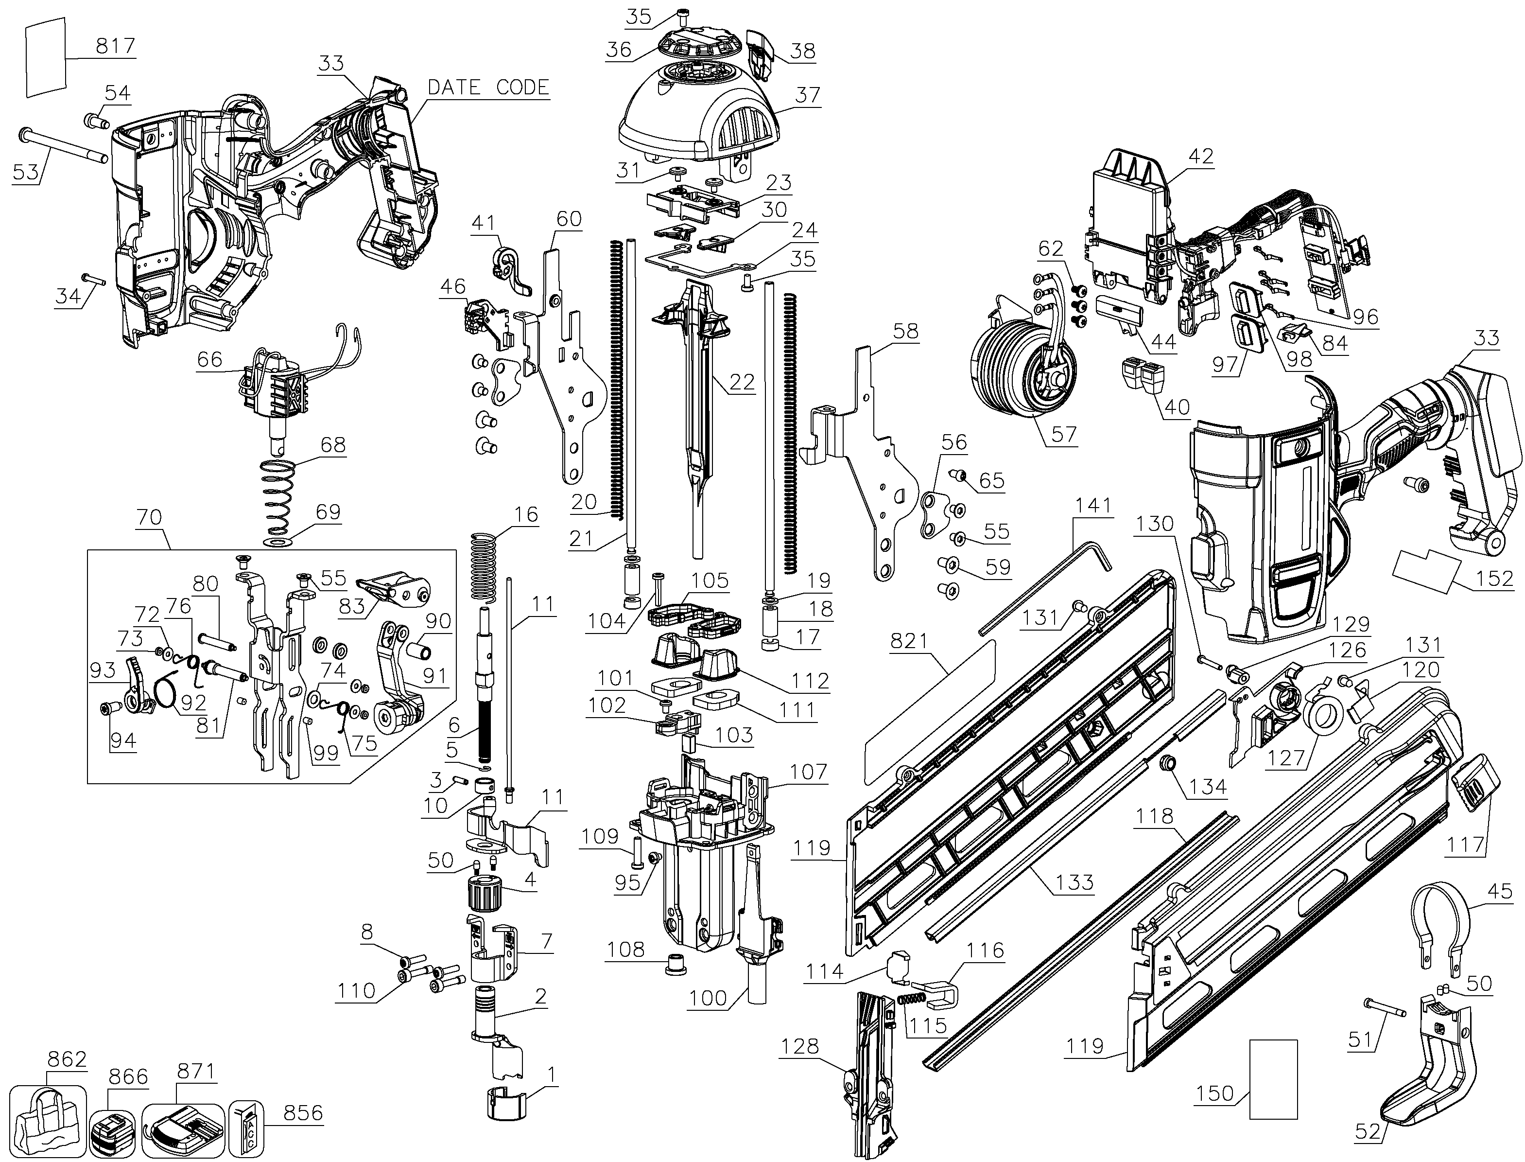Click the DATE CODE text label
[x=488, y=87]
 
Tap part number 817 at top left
[x=116, y=46]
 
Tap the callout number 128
[x=800, y=1046]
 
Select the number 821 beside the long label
[x=909, y=641]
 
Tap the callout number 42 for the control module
[x=1201, y=157]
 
